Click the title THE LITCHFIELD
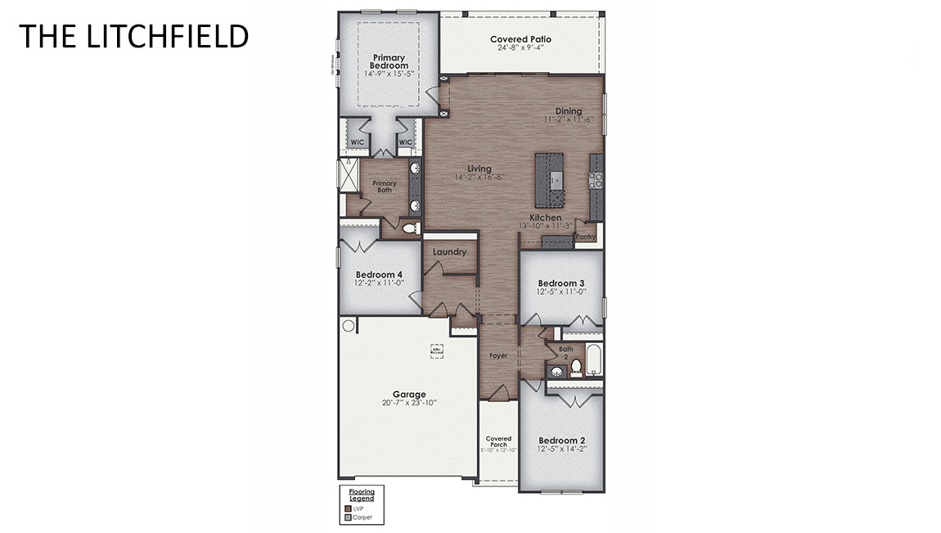(x=133, y=36)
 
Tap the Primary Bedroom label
(x=389, y=61)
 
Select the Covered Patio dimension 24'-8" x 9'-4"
(x=520, y=48)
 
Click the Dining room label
(x=569, y=111)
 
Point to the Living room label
(x=480, y=169)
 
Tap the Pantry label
(x=586, y=237)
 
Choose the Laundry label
(x=449, y=252)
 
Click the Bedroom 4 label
(x=379, y=274)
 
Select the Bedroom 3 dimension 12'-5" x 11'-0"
(x=561, y=291)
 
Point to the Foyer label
(x=498, y=356)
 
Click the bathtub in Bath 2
(x=594, y=360)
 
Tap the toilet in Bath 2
(x=575, y=367)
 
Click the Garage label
(x=409, y=394)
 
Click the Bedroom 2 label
(x=561, y=440)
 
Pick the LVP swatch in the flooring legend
(x=348, y=508)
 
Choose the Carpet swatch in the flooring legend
(x=348, y=517)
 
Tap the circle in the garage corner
(x=349, y=326)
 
